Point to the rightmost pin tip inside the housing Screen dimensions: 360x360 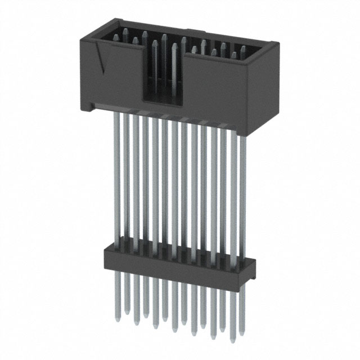(243, 49)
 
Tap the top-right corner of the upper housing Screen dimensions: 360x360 (274, 44)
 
